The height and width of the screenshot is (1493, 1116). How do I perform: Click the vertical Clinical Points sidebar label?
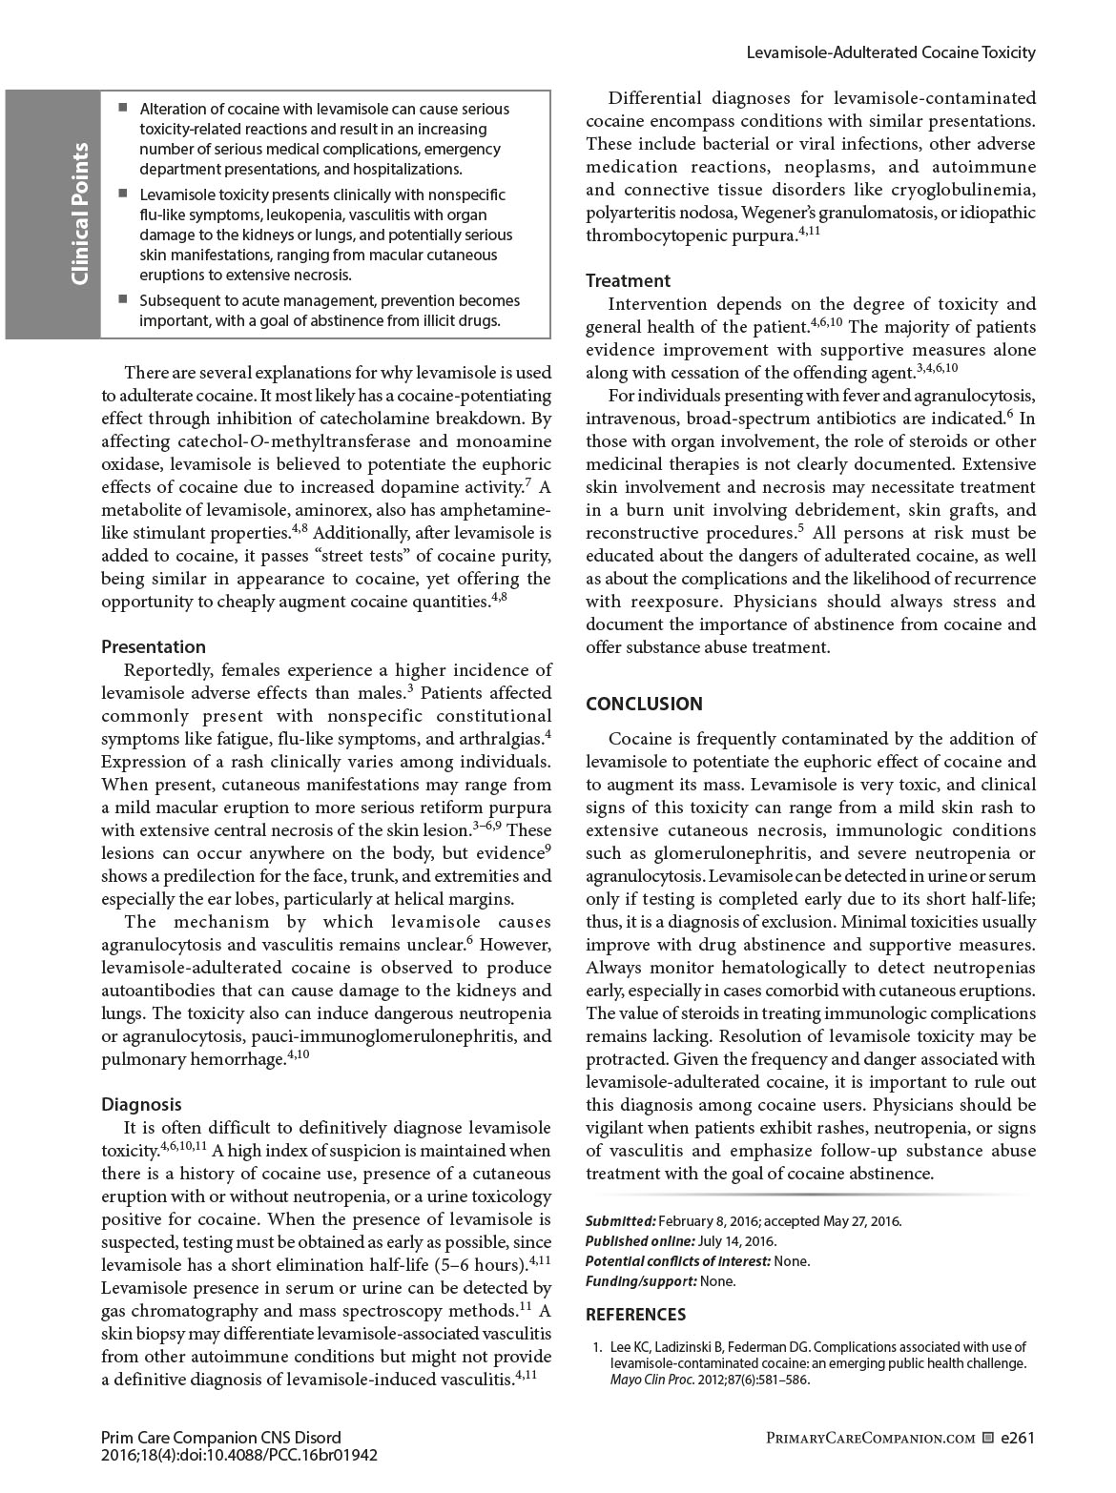[x=79, y=214]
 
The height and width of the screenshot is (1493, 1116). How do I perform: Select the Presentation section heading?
[x=154, y=647]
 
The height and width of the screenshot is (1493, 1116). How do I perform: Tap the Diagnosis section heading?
[x=141, y=1104]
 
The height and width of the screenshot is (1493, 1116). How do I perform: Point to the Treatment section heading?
[x=628, y=281]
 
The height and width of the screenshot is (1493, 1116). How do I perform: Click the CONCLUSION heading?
[x=644, y=705]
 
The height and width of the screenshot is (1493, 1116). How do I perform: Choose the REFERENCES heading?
[x=635, y=1315]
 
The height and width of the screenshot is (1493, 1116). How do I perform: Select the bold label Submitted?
[x=620, y=1221]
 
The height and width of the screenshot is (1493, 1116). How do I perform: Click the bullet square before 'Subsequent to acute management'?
[x=123, y=299]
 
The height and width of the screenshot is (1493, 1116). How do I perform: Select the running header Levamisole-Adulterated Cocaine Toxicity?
[x=890, y=53]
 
